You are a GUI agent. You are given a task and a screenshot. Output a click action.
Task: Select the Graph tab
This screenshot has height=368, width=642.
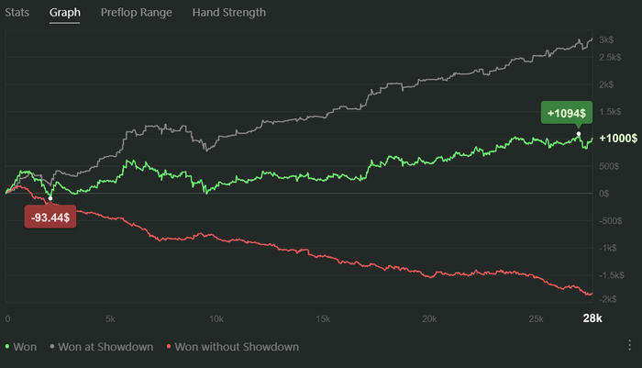[64, 13]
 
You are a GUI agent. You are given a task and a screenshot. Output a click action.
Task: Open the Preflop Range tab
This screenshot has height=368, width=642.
[136, 13]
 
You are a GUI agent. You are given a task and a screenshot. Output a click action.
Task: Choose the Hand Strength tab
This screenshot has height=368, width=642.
[229, 13]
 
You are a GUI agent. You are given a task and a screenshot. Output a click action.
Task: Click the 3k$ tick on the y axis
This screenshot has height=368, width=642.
[607, 40]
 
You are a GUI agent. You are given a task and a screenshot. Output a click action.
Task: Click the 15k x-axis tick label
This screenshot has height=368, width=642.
[322, 318]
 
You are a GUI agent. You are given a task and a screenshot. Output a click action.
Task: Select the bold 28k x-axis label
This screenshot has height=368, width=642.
[592, 318]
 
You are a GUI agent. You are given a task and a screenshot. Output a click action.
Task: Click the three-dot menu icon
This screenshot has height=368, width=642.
[629, 346]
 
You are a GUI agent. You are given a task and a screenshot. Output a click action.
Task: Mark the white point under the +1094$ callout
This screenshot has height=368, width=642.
[579, 134]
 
